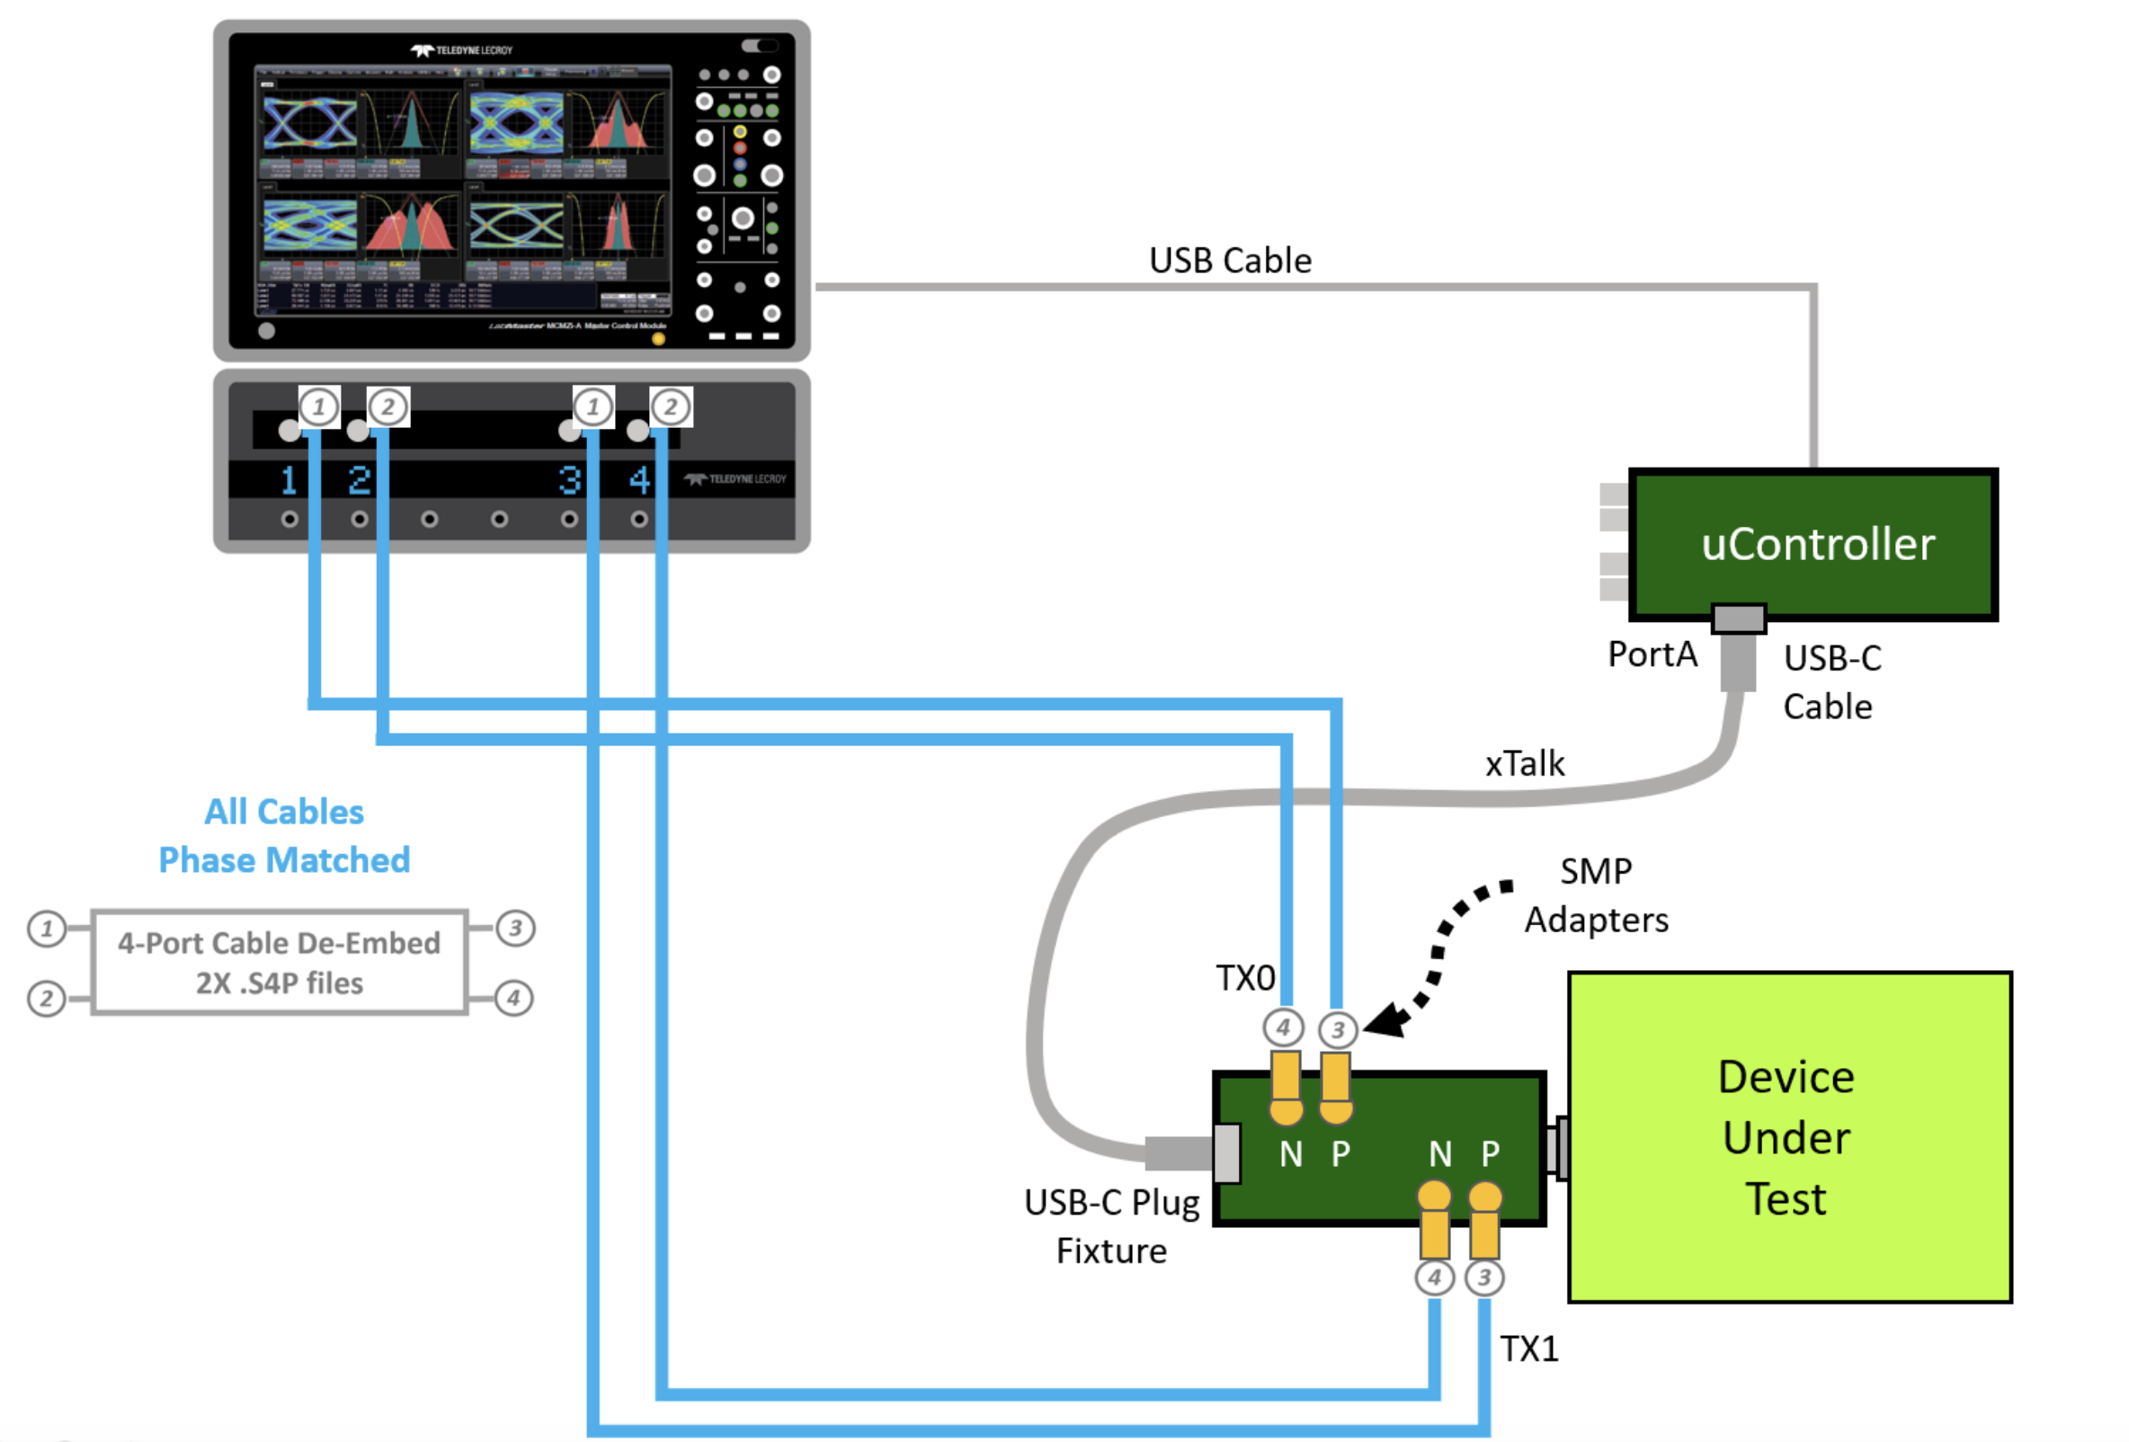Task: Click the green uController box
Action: tap(1813, 544)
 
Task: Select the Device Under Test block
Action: tap(1789, 1137)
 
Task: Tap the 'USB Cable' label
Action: tap(1229, 261)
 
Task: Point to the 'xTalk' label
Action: tap(1525, 764)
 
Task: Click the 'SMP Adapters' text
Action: tap(1596, 895)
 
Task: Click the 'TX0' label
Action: tap(1245, 978)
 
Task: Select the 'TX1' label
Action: tap(1529, 1349)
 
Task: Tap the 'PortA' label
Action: tap(1652, 654)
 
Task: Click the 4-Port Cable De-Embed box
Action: tap(280, 963)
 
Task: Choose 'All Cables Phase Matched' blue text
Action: tap(284, 835)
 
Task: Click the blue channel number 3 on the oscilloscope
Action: tap(570, 480)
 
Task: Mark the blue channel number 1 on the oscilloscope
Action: tap(289, 480)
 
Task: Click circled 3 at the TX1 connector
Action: tap(1484, 1277)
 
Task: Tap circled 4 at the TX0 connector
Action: tap(1284, 1028)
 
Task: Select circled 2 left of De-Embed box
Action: tap(47, 998)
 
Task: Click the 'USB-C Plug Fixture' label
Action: tap(1111, 1227)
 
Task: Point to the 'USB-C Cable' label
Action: tap(1831, 682)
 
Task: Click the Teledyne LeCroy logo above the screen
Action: tap(462, 50)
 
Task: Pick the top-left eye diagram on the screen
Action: tap(309, 123)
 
